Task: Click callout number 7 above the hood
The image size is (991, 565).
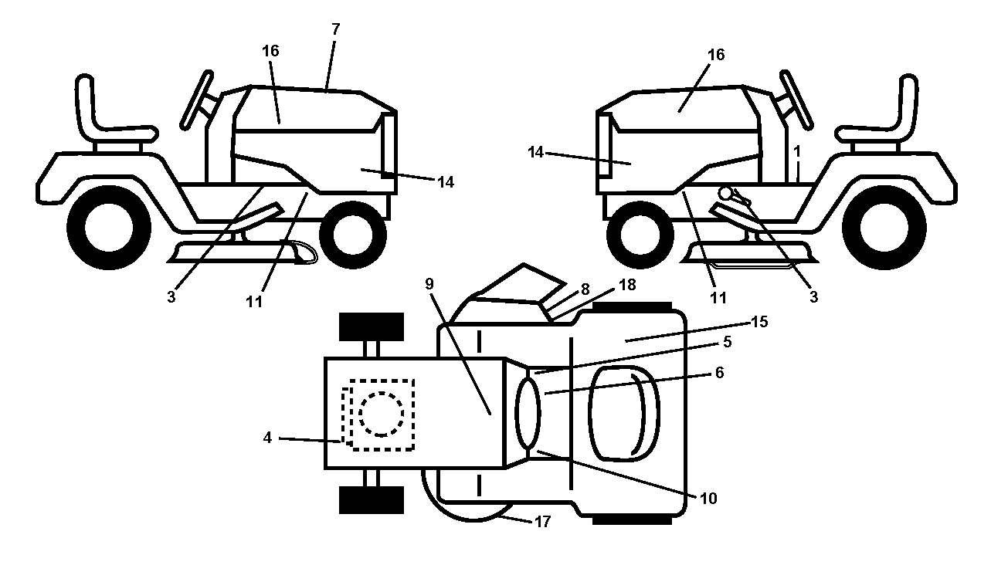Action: pyautogui.click(x=335, y=29)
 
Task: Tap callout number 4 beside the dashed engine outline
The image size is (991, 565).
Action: pyautogui.click(x=267, y=438)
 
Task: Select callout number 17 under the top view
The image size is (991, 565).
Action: pyautogui.click(x=542, y=522)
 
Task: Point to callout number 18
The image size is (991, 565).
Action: pyautogui.click(x=627, y=285)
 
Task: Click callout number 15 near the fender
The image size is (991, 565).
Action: pyautogui.click(x=759, y=322)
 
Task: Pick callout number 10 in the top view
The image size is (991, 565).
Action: pyautogui.click(x=708, y=499)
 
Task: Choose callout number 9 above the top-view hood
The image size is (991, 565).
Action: pyautogui.click(x=429, y=284)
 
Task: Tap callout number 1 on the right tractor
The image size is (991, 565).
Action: pyautogui.click(x=797, y=151)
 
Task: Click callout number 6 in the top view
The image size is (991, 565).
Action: pyautogui.click(x=719, y=373)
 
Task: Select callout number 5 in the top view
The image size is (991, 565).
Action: pyautogui.click(x=728, y=342)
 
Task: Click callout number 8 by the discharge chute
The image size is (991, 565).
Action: pyautogui.click(x=585, y=289)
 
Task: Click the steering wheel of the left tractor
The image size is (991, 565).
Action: pyautogui.click(x=197, y=100)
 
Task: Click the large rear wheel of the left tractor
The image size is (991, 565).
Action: pyautogui.click(x=109, y=227)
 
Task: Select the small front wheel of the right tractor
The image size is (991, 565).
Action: pyautogui.click(x=640, y=235)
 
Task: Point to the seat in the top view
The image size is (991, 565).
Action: pyautogui.click(x=624, y=414)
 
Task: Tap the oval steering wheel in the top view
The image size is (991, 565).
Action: pyautogui.click(x=528, y=414)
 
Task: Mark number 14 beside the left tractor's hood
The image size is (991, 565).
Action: pyautogui.click(x=446, y=182)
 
